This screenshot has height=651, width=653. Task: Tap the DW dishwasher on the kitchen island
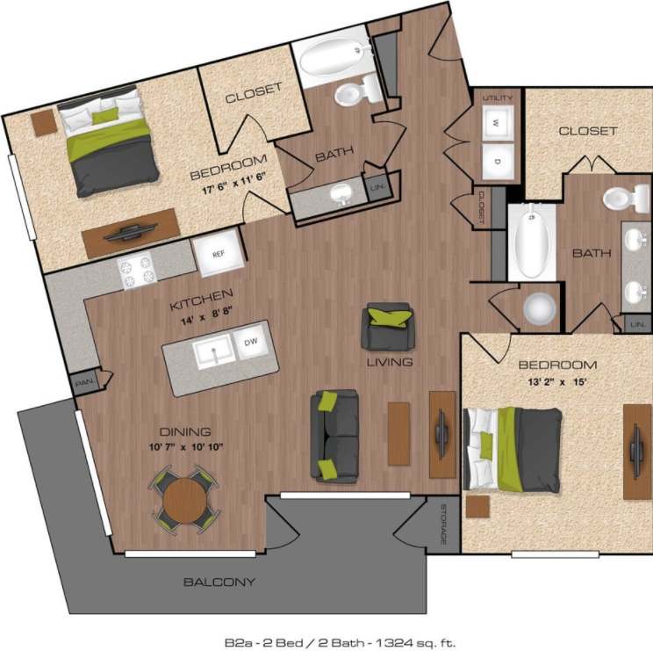coord(250,343)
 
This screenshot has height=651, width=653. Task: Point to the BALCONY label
coord(219,582)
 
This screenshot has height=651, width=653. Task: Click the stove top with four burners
coord(138,271)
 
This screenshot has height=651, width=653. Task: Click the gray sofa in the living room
coord(334,436)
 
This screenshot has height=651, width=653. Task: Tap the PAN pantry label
coord(84,382)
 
